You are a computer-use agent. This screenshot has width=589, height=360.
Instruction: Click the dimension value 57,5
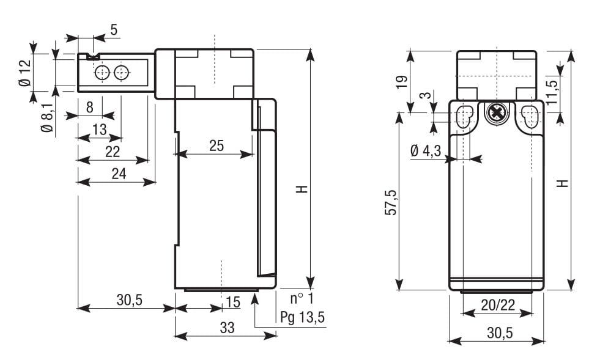pos(391,202)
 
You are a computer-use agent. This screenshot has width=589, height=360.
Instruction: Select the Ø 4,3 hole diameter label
pos(426,151)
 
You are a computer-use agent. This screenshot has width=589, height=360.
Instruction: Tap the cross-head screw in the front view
pos(497,113)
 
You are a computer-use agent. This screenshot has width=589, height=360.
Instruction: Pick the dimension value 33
pos(227,328)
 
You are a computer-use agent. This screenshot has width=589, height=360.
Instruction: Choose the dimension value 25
pos(216,146)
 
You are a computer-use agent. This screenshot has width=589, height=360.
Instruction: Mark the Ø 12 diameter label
pos(25,73)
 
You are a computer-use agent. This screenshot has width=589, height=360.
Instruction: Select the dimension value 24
pos(119,174)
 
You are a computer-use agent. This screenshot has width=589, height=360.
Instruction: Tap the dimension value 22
pos(112,152)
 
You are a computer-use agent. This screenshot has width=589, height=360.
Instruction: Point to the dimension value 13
pos(99,130)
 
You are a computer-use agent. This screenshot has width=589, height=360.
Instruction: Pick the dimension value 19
pos(401,82)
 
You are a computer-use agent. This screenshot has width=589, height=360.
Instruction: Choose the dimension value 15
pos(232,301)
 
